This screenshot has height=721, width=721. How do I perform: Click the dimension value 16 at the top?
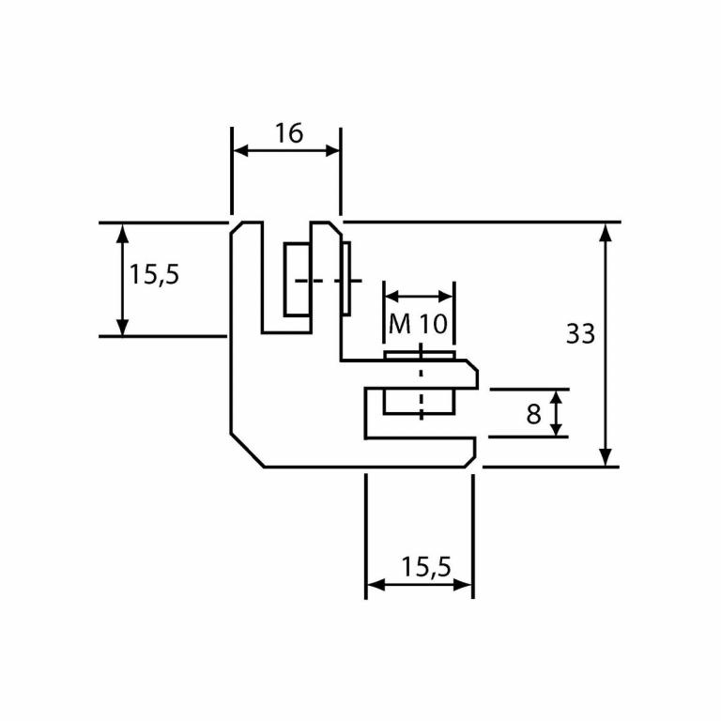coord(288,133)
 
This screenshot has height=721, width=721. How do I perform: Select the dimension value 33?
coord(581,333)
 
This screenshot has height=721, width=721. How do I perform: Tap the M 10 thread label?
coord(418,325)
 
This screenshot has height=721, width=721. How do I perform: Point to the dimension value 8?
coord(533,414)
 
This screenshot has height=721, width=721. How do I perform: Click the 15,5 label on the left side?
coord(154,275)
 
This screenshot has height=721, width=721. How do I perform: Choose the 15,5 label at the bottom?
coord(426,566)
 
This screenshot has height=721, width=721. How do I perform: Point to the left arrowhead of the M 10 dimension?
coord(389,297)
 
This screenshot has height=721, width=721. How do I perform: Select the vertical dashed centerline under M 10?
coord(421,385)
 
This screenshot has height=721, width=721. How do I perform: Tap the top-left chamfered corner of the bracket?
coord(238,228)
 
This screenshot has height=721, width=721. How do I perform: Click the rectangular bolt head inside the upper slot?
coord(297,279)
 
